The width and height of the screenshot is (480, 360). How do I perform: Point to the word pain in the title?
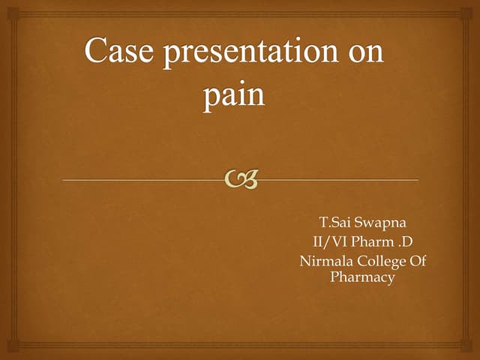pos(233,98)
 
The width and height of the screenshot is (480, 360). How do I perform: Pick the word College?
pos(381,261)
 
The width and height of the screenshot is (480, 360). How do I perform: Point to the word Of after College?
pos(417,260)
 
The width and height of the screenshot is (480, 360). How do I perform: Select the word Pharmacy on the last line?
pos(362,277)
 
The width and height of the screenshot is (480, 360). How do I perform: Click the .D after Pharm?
pos(406,241)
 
